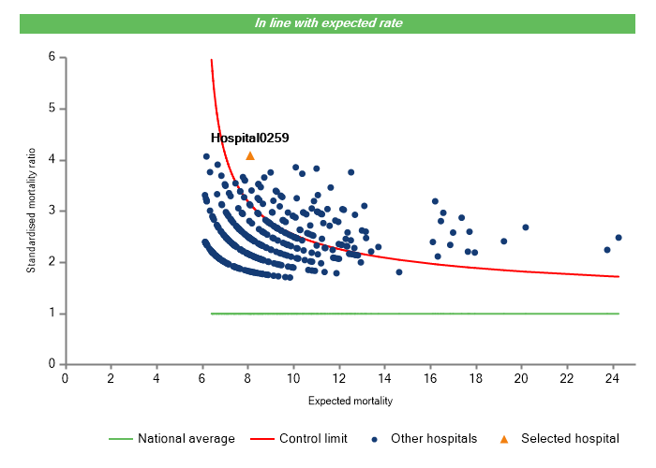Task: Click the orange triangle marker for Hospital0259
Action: [x=250, y=155]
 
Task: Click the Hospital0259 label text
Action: [x=249, y=138]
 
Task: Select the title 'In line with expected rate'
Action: [x=328, y=22]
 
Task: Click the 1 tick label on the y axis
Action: [x=51, y=314]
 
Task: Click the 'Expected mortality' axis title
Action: [x=350, y=401]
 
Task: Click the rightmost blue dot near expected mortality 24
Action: [x=619, y=238]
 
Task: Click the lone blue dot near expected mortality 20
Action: [x=526, y=227]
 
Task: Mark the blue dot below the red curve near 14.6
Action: [x=399, y=272]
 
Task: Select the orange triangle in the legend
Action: [x=503, y=438]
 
